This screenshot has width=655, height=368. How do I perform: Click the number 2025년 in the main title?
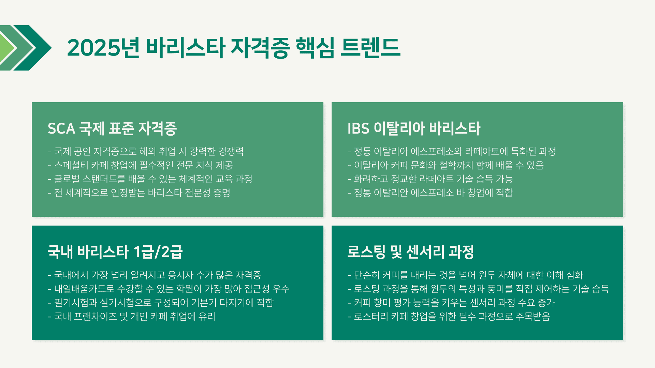[x=103, y=47]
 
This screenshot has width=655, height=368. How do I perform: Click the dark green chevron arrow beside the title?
[x=32, y=48]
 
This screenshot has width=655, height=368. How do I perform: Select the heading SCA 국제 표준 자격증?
[x=112, y=128]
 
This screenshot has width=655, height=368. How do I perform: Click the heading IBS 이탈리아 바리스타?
[x=414, y=128]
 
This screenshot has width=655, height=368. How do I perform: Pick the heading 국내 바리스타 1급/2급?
[x=115, y=252]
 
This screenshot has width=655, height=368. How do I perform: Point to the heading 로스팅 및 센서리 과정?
[x=411, y=252]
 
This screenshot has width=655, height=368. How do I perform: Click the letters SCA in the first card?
[x=61, y=129]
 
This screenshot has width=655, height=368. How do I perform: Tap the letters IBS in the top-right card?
[x=358, y=129]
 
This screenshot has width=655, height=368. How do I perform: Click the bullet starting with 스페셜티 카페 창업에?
[x=140, y=165]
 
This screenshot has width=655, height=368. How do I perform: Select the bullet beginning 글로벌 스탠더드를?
[x=150, y=179]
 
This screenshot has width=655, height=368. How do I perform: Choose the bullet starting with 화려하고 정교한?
[x=430, y=179]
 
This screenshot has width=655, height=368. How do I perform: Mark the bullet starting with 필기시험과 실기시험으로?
[x=161, y=303]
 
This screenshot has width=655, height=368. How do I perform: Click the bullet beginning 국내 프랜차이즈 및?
[x=132, y=317]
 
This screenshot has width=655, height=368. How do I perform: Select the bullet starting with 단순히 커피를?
[x=465, y=275]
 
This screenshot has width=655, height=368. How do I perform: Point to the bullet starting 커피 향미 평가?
[x=451, y=303]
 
